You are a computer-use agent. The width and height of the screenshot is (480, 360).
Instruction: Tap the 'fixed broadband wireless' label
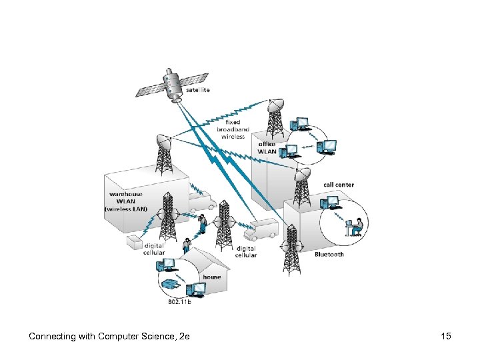pos(233,129)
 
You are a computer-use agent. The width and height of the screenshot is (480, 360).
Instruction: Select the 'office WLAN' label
pos(267,147)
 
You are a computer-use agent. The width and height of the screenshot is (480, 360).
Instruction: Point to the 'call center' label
pos(339,185)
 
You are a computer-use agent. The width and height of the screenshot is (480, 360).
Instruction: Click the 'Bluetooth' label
pos(329,255)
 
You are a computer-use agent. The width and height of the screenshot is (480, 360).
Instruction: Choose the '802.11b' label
pos(179,302)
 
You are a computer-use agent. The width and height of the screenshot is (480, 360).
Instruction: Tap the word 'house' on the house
pos(212,277)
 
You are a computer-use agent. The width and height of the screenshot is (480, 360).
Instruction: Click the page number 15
pos(446,336)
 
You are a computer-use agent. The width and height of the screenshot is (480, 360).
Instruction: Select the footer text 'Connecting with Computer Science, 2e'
pos(109,336)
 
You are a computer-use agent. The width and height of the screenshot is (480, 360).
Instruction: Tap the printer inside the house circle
pos(172,284)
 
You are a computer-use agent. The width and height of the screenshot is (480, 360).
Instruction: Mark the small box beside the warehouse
pos(135,241)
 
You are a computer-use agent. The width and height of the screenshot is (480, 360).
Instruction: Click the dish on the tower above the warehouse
pos(164,141)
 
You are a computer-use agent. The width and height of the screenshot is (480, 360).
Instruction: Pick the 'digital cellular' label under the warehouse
pos(155,249)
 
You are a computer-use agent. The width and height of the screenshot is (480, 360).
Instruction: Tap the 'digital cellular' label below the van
pos(245,251)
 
